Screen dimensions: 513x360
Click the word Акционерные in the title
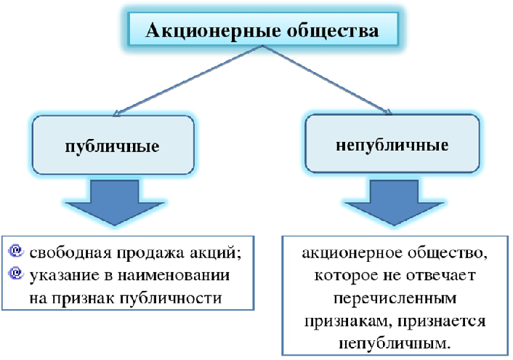[x=213, y=31]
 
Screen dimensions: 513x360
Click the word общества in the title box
[x=333, y=31]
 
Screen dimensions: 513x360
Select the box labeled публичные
[x=113, y=145]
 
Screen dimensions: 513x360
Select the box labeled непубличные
[x=392, y=143]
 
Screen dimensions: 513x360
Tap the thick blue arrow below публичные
[x=115, y=202]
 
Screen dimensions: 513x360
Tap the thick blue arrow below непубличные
[x=394, y=202]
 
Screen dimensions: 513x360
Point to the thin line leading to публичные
[x=187, y=80]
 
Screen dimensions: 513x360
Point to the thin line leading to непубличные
[x=327, y=80]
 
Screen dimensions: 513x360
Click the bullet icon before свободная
[x=16, y=251]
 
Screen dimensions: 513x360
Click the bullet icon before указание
[x=16, y=273]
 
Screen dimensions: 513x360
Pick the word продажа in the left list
[x=151, y=253]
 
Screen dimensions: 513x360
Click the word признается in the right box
[x=442, y=321]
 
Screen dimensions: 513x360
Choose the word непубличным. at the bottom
[x=395, y=343]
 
